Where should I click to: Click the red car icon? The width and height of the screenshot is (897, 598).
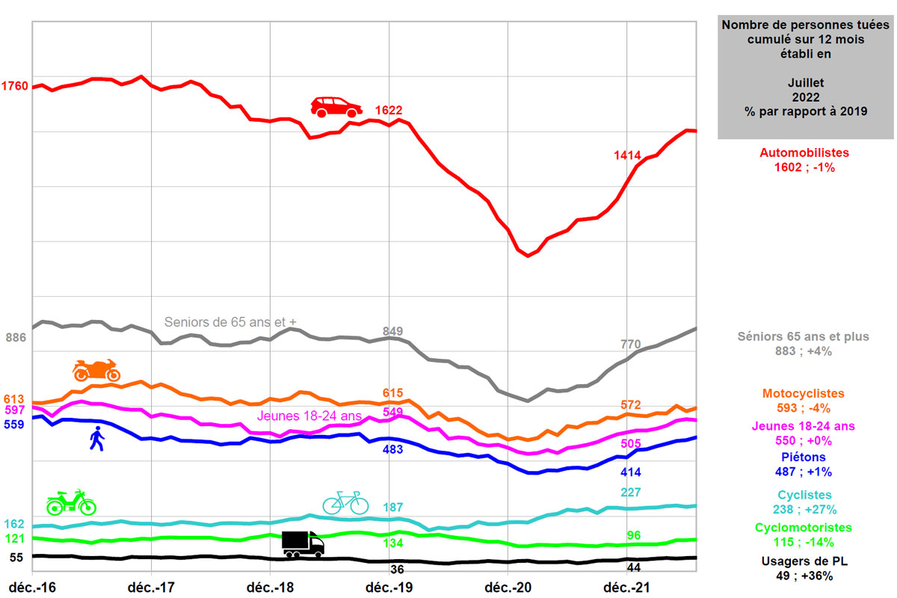[x=336, y=107]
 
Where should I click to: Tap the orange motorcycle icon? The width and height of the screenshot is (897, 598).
[x=96, y=369]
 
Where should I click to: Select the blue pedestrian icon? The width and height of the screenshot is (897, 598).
[x=96, y=439]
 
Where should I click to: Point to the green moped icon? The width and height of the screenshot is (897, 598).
[x=71, y=502]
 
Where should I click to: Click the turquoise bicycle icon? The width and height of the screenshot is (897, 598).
[x=345, y=502]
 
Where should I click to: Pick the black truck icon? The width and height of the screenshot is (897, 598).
[x=303, y=543]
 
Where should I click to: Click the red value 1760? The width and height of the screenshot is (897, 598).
[x=15, y=86]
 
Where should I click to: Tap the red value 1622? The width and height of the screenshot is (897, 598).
[x=389, y=111]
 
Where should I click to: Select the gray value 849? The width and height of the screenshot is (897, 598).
[x=392, y=331]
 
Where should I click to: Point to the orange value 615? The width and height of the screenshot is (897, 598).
[x=392, y=393]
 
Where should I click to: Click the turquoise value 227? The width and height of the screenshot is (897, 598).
[x=632, y=493]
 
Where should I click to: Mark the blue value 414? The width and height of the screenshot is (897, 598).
[x=632, y=472]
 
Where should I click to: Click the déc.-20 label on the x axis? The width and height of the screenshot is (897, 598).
[x=508, y=587]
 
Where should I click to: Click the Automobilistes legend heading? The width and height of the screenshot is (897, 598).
[x=804, y=152]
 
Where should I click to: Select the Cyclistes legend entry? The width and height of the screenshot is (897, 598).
[x=804, y=495]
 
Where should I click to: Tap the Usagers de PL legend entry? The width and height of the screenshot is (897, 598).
[x=804, y=561]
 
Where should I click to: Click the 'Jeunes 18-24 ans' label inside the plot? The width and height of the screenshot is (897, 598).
[x=309, y=416]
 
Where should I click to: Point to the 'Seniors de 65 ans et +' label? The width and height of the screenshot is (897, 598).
[x=230, y=322]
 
